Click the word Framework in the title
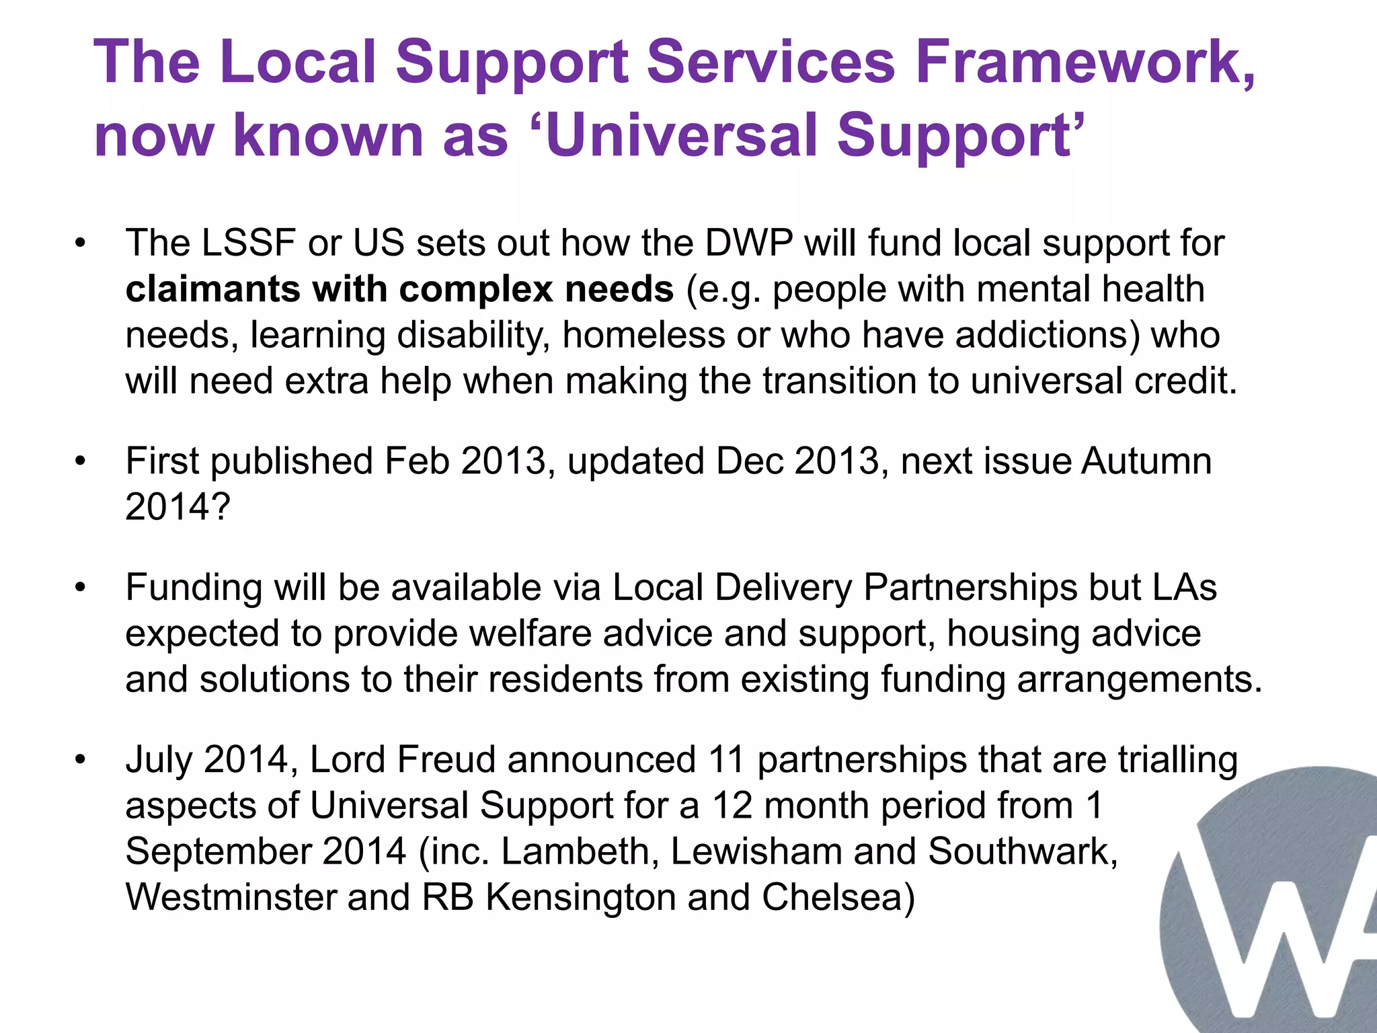1085,62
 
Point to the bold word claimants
213,289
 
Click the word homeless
643,335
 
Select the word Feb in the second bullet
417,461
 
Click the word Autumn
1146,461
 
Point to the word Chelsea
838,897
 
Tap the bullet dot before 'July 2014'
81,760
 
